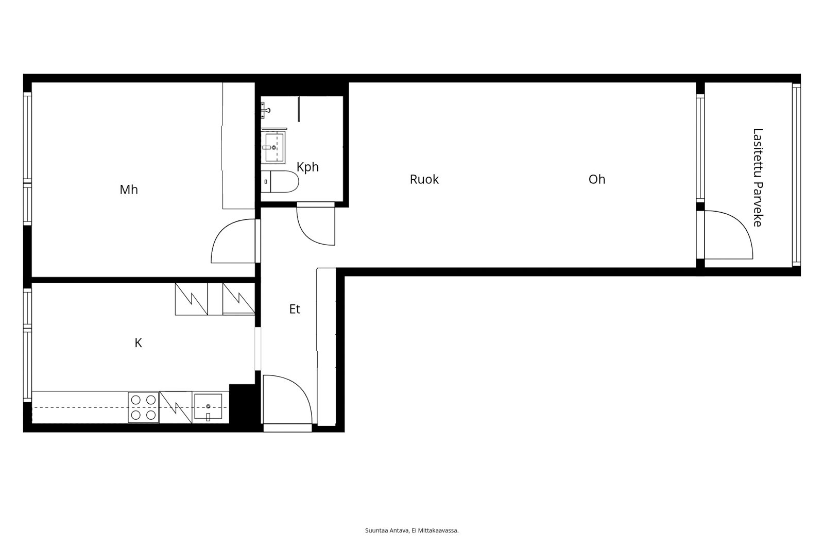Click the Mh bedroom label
(129, 190)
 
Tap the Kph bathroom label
(307, 167)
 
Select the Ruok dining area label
(424, 179)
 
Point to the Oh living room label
(596, 179)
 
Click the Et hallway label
(295, 309)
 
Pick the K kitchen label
(138, 343)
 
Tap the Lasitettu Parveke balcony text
(757, 177)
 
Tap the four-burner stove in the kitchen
(143, 407)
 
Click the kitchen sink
(208, 407)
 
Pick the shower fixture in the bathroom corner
(266, 109)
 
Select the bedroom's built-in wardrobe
(238, 146)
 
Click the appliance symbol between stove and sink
(176, 407)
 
